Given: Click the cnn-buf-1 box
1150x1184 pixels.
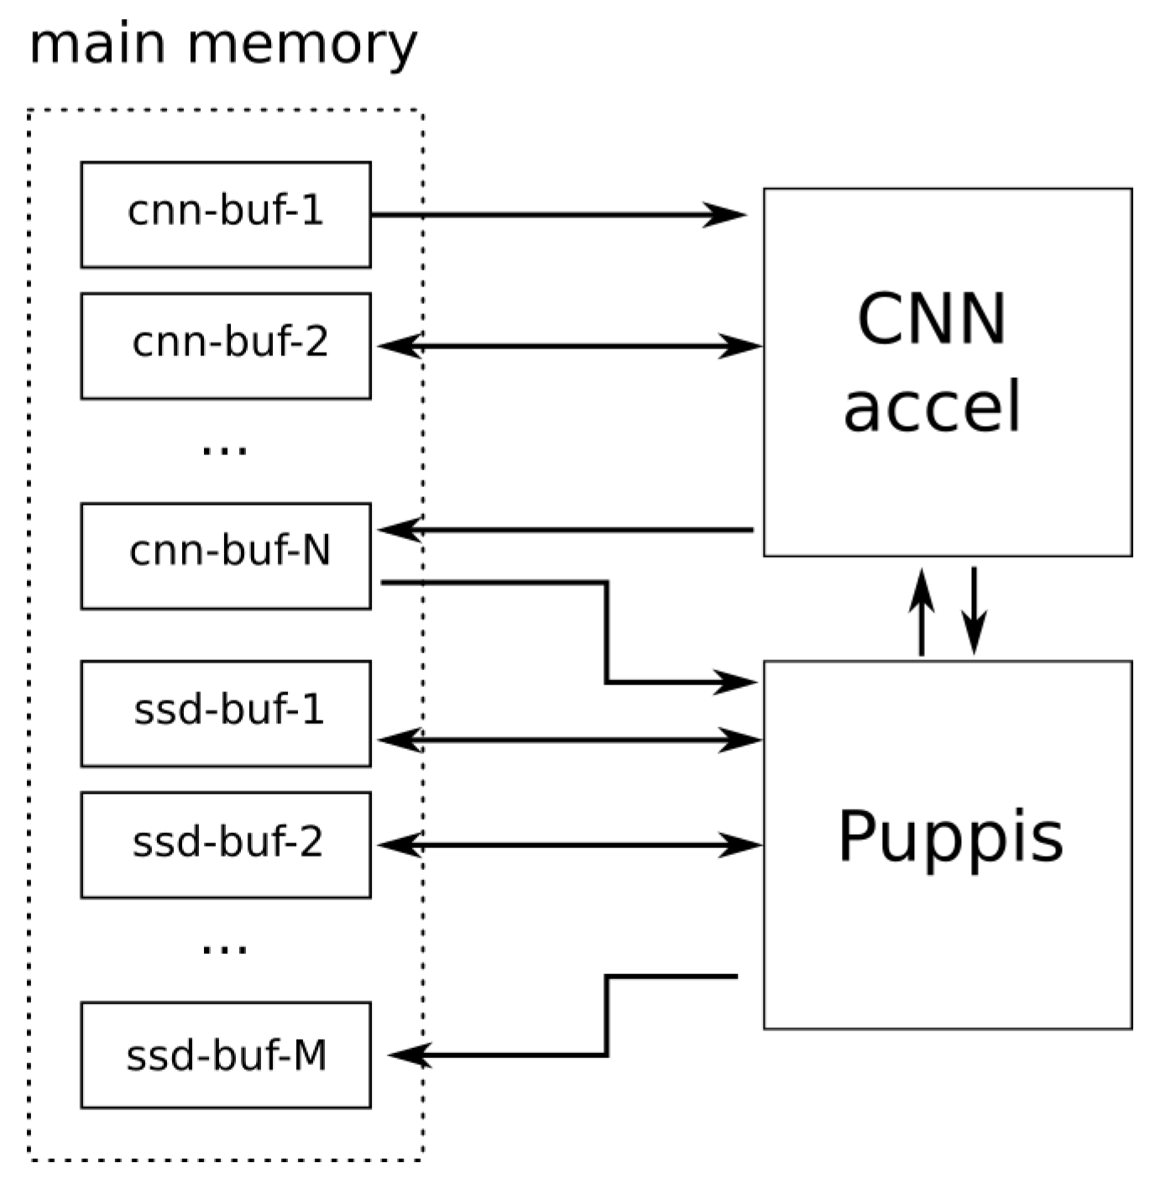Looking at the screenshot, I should [225, 214].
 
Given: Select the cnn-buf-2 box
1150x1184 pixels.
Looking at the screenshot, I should [225, 345].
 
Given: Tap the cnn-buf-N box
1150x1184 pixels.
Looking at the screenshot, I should [225, 555].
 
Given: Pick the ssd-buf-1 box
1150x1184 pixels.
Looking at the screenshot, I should [225, 713].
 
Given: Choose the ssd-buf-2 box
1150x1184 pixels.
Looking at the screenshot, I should [225, 844].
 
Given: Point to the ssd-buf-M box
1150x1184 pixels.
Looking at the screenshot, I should [225, 1055].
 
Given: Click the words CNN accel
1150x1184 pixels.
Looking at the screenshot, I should [932, 361].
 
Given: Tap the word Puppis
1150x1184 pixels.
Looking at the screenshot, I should [950, 836].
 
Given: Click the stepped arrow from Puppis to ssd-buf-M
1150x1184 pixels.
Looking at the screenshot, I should [606, 1016].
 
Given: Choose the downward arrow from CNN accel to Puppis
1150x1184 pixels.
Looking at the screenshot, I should [974, 610].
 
